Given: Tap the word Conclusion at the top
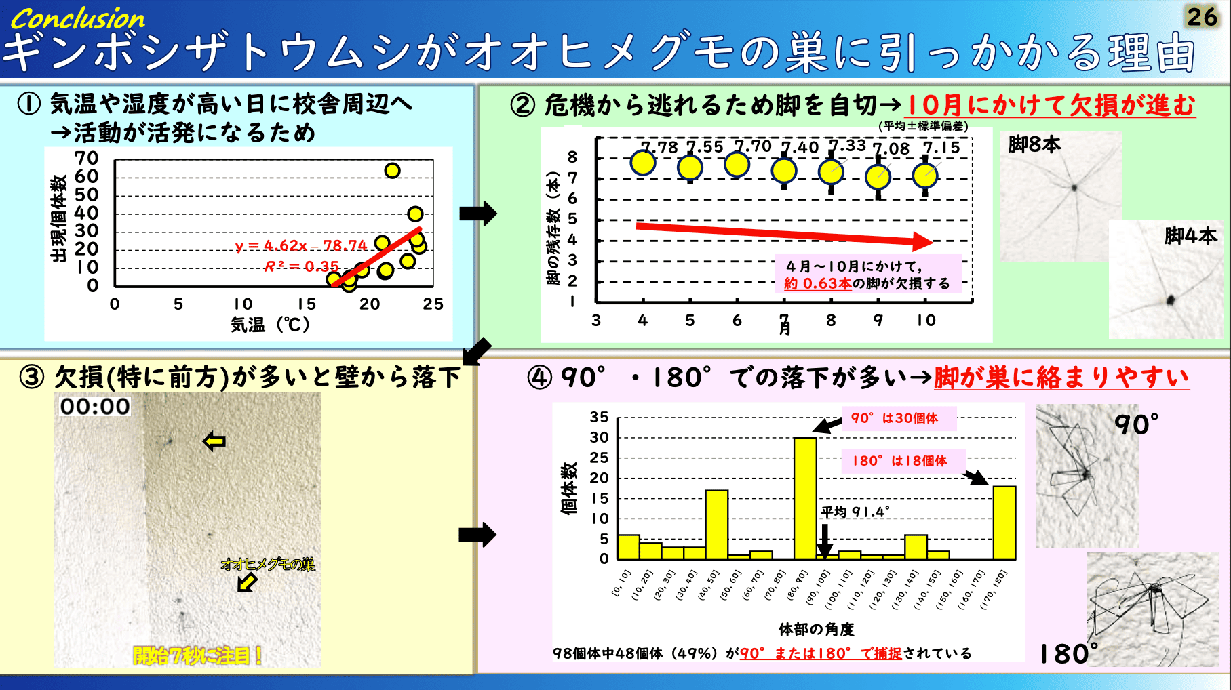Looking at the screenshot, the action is pos(78,19).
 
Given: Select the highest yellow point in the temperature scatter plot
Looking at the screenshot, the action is pos(392,170).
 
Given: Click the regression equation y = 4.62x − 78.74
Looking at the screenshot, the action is pos(301,245).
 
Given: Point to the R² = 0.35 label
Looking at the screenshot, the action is pos(301,266).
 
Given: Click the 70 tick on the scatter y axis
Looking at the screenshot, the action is pos(87,158).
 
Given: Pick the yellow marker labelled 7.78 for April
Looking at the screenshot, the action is pos(643,163).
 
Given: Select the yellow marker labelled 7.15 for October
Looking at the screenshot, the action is pos(925,176).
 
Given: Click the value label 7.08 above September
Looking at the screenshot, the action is pos(891,149).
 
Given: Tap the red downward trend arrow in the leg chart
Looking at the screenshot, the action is pos(784,233).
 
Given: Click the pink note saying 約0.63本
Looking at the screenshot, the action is pos(869,274).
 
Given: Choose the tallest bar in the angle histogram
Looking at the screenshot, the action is pos(805,498).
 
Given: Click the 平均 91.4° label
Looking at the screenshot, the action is pos(855,512).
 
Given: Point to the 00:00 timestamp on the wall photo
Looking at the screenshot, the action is pos(95,406).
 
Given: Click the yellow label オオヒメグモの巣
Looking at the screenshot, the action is pos(268,564).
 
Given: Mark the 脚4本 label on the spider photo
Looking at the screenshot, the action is pos(1190,236).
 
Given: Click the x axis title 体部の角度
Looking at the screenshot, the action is pos(816,630).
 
